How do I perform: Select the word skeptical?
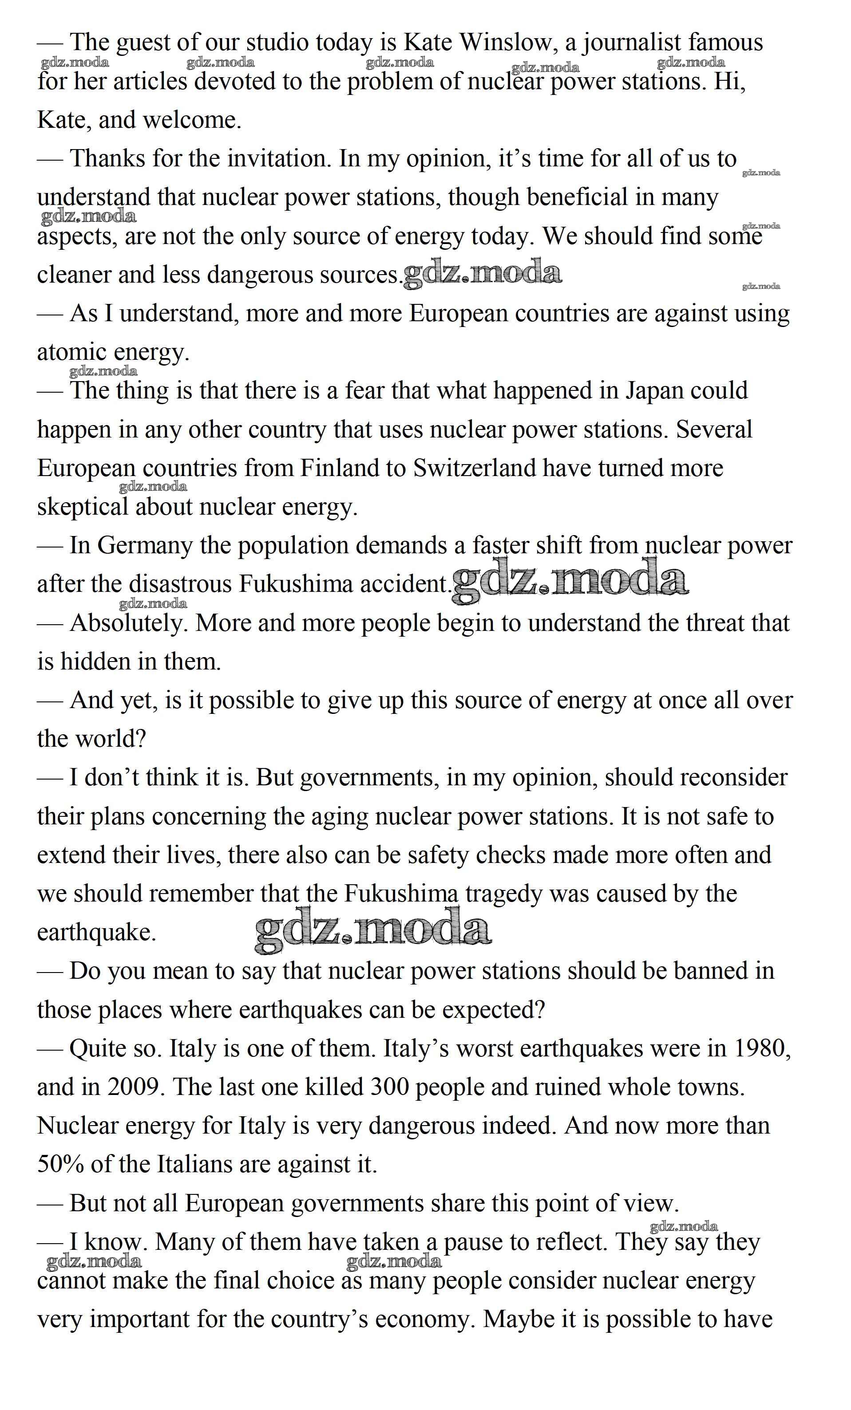pos(83,508)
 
